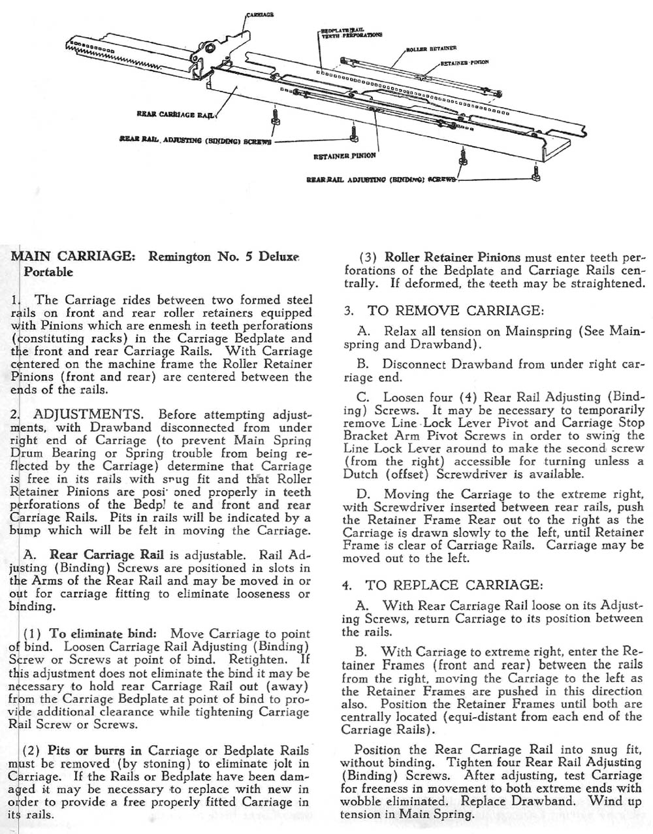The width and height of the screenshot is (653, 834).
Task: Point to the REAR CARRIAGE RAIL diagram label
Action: point(175,114)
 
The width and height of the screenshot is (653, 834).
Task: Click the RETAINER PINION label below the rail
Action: point(344,156)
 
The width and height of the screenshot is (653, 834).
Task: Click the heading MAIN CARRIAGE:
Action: point(74,256)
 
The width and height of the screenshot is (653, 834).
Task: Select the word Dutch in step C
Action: point(362,474)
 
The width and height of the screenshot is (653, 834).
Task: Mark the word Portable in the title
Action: point(48,272)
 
